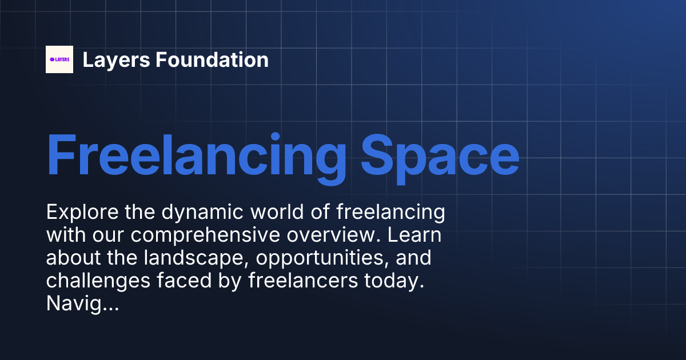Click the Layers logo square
pyautogui.click(x=59, y=59)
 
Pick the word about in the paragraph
pyautogui.click(x=72, y=258)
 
